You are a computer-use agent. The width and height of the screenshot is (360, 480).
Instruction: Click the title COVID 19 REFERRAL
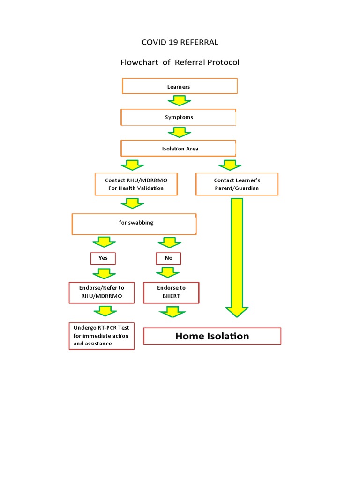pyautogui.click(x=180, y=42)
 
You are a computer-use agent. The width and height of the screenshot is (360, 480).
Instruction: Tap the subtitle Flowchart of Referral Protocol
pyautogui.click(x=180, y=62)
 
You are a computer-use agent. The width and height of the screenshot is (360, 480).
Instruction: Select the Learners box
pyautogui.click(x=180, y=86)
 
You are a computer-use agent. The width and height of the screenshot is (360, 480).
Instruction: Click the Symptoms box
pyautogui.click(x=179, y=117)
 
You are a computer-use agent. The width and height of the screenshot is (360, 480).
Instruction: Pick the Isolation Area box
pyautogui.click(x=179, y=149)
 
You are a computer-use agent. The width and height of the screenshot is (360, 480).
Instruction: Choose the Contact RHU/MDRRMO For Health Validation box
pyautogui.click(x=136, y=184)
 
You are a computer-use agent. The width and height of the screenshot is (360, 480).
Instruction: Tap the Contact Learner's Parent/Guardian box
pyautogui.click(x=237, y=184)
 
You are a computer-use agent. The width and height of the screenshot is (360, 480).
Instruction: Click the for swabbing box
pyautogui.click(x=134, y=224)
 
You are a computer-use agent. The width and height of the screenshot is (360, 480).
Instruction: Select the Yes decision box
pyautogui.click(x=103, y=258)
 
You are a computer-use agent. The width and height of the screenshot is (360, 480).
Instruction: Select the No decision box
pyautogui.click(x=168, y=258)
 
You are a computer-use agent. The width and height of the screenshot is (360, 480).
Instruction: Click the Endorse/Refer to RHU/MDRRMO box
pyautogui.click(x=101, y=292)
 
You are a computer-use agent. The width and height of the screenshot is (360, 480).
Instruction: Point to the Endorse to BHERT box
pyautogui.click(x=171, y=292)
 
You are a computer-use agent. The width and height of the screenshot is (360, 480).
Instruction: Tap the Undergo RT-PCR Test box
pyautogui.click(x=101, y=336)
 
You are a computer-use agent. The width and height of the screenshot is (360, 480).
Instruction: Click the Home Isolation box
pyautogui.click(x=212, y=336)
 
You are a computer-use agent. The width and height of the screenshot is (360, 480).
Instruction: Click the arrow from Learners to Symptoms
pyautogui.click(x=180, y=101)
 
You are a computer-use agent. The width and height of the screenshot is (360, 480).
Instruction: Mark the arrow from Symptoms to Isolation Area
pyautogui.click(x=179, y=132)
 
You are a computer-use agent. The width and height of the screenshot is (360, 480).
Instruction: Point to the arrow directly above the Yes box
pyautogui.click(x=104, y=242)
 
